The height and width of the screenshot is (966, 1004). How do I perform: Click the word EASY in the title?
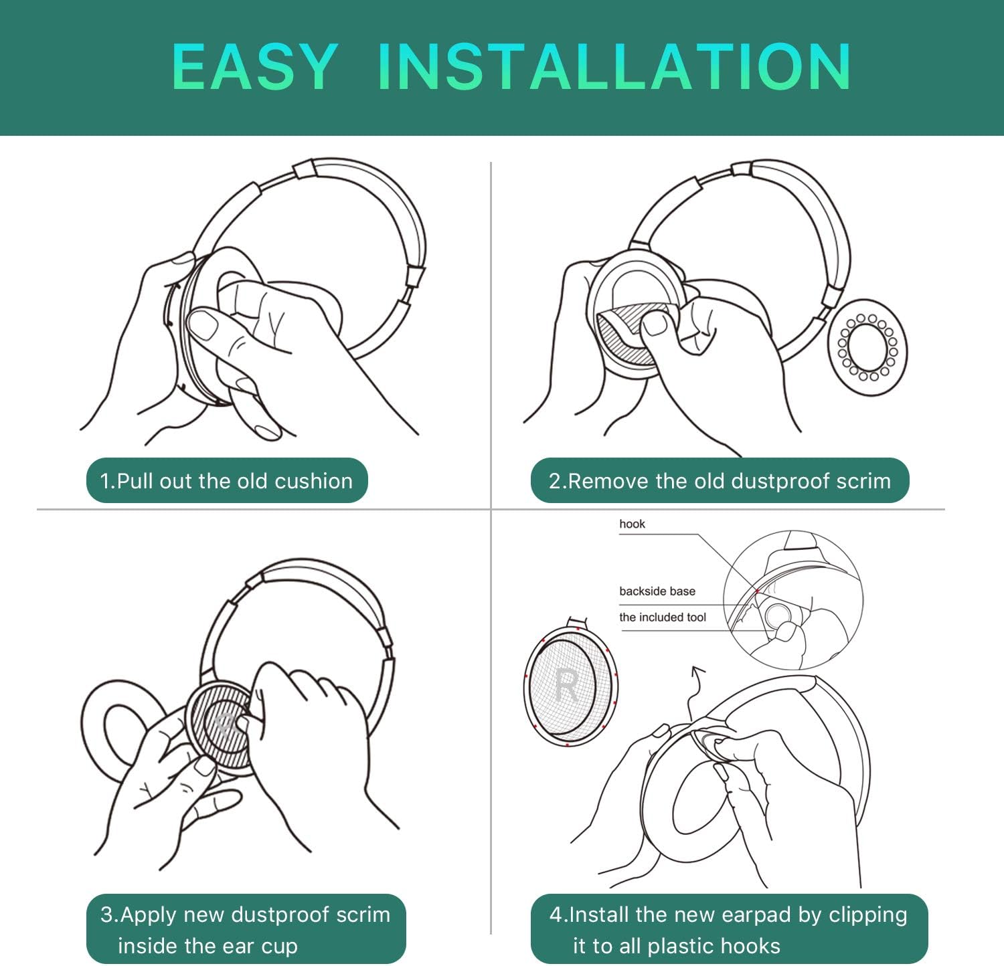[x=254, y=66]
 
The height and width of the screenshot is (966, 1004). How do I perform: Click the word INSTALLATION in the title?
[x=614, y=66]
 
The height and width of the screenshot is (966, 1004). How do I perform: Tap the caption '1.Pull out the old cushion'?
[x=226, y=481]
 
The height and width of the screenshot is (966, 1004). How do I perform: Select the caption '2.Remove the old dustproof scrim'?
[x=720, y=481]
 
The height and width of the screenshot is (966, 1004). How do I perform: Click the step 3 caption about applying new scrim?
[x=245, y=930]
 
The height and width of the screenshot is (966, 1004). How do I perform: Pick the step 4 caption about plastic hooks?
[x=728, y=930]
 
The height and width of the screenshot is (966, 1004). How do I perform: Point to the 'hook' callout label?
[x=632, y=524]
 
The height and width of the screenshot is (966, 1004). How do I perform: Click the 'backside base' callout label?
[x=657, y=591]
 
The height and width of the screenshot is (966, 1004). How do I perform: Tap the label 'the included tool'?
[x=662, y=617]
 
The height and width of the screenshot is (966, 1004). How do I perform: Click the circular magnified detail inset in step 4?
[x=793, y=600]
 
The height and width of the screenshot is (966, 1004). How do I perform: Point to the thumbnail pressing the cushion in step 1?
[x=203, y=326]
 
